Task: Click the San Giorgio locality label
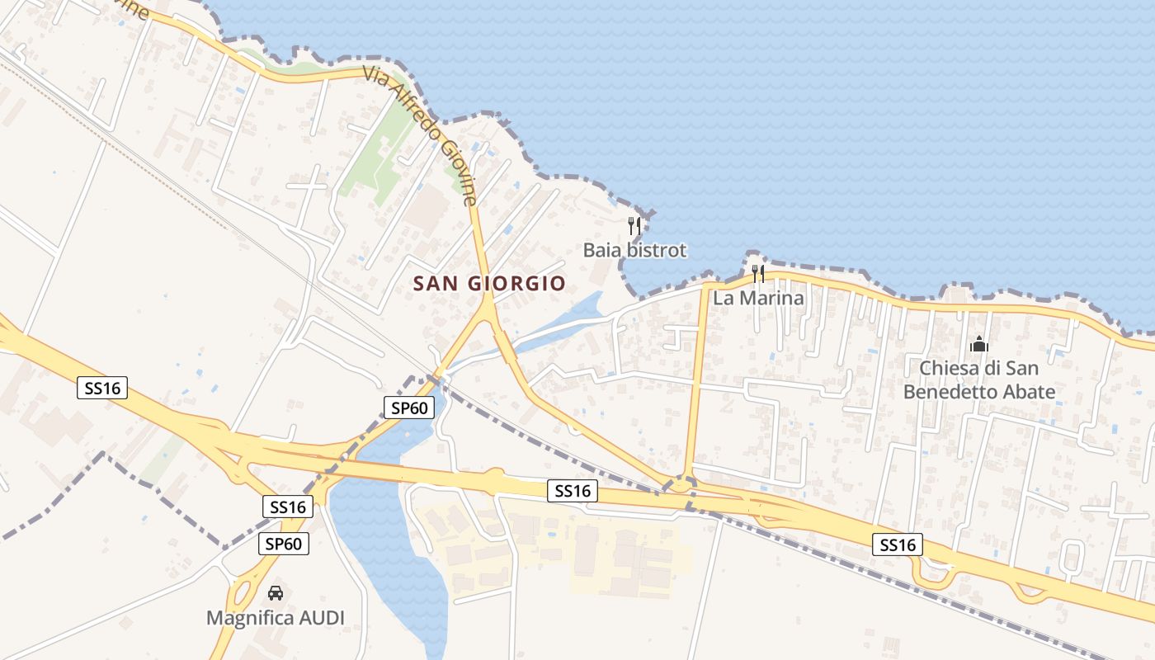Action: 489,284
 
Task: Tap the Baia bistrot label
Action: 634,250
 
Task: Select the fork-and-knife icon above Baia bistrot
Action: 634,225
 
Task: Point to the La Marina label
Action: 758,298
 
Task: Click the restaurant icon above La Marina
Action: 757,273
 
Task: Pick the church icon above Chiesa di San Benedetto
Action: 979,344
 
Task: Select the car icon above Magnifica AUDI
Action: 275,592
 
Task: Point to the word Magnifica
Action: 245,618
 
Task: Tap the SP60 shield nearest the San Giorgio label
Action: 409,407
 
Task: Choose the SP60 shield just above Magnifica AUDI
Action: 285,544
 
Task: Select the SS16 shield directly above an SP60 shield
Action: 288,507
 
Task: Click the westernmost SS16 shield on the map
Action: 103,388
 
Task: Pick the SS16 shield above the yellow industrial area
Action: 573,491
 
